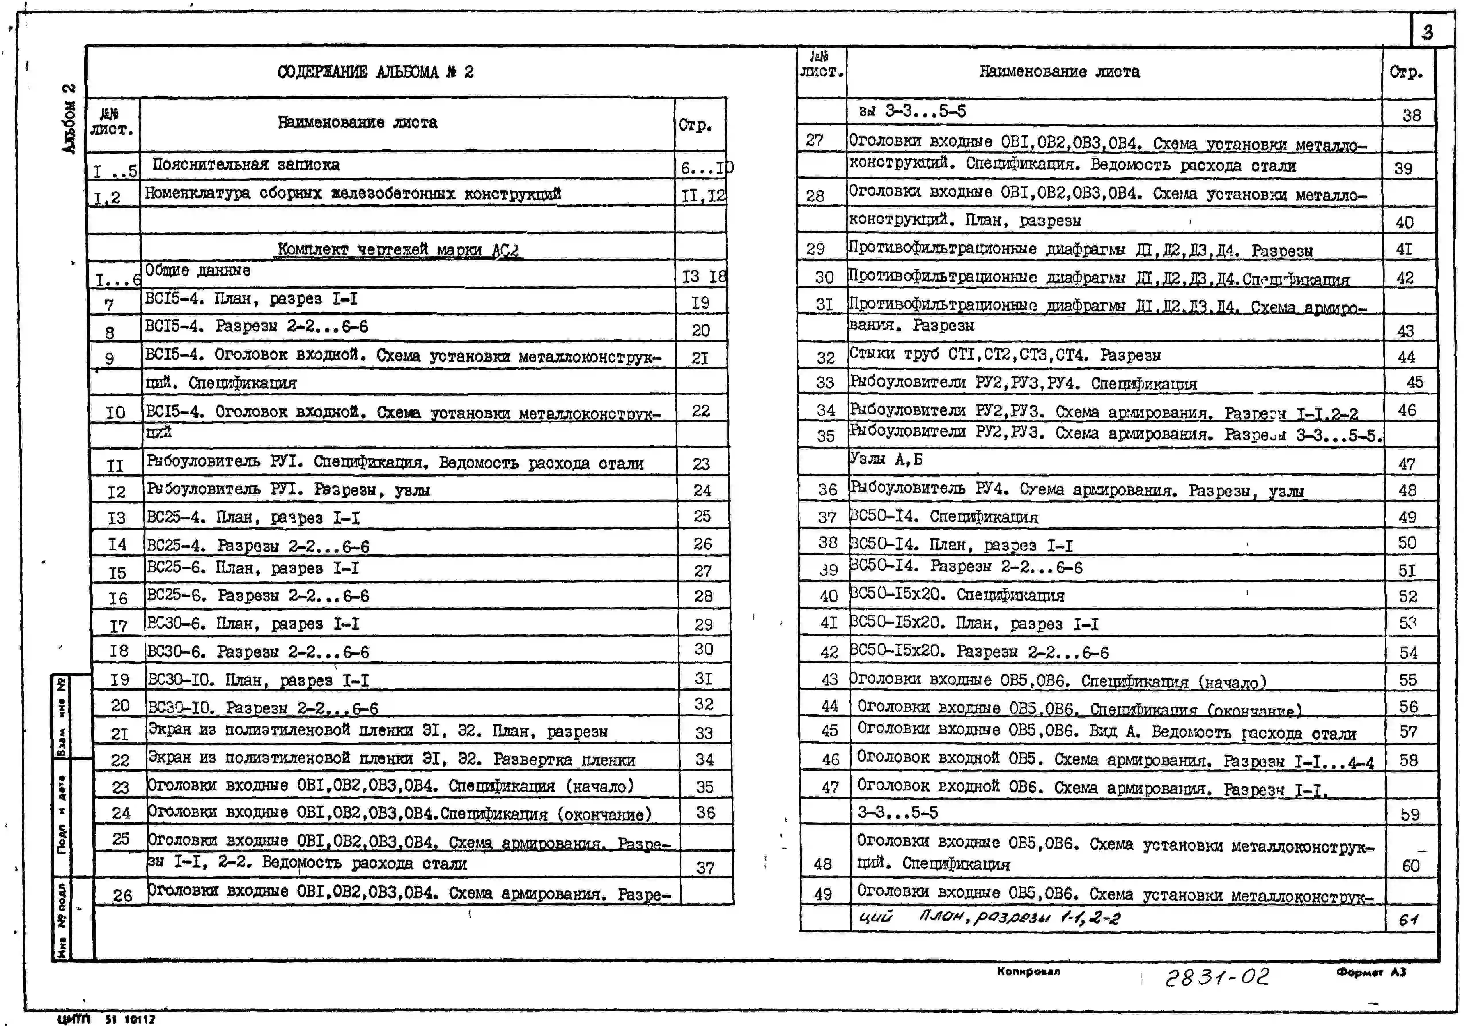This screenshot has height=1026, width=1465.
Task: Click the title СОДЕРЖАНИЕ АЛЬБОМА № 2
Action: (x=375, y=72)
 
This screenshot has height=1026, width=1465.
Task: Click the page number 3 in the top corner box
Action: (x=1427, y=32)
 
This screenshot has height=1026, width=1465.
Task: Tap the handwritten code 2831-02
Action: (x=1217, y=977)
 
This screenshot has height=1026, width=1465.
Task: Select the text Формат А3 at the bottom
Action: (x=1371, y=972)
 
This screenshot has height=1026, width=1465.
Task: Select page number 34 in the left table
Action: (x=704, y=759)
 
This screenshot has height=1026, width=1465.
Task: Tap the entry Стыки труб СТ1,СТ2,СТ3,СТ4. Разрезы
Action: (x=1004, y=355)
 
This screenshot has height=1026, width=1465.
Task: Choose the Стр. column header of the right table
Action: (x=1406, y=72)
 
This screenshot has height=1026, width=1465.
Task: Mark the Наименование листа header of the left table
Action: (x=357, y=123)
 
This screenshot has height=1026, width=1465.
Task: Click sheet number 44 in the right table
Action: (x=829, y=706)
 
